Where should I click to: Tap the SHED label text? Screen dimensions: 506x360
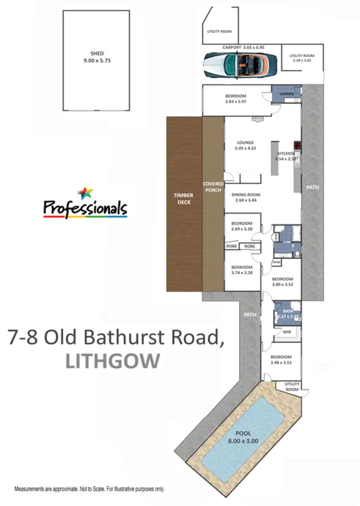click(x=97, y=53)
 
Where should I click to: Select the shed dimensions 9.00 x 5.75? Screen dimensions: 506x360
click(x=97, y=61)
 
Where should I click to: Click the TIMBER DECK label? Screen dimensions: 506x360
click(x=184, y=199)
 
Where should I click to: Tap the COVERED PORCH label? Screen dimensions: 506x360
click(x=212, y=187)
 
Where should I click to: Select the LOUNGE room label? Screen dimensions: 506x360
click(x=245, y=142)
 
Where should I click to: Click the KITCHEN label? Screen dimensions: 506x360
click(x=285, y=154)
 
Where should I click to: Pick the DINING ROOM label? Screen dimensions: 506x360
click(x=246, y=194)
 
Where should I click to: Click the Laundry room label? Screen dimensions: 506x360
click(x=287, y=93)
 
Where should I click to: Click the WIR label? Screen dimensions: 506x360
click(x=287, y=331)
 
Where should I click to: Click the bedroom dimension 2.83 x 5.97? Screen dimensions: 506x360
click(x=236, y=102)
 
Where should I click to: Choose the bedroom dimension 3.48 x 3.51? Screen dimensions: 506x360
click(x=281, y=363)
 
